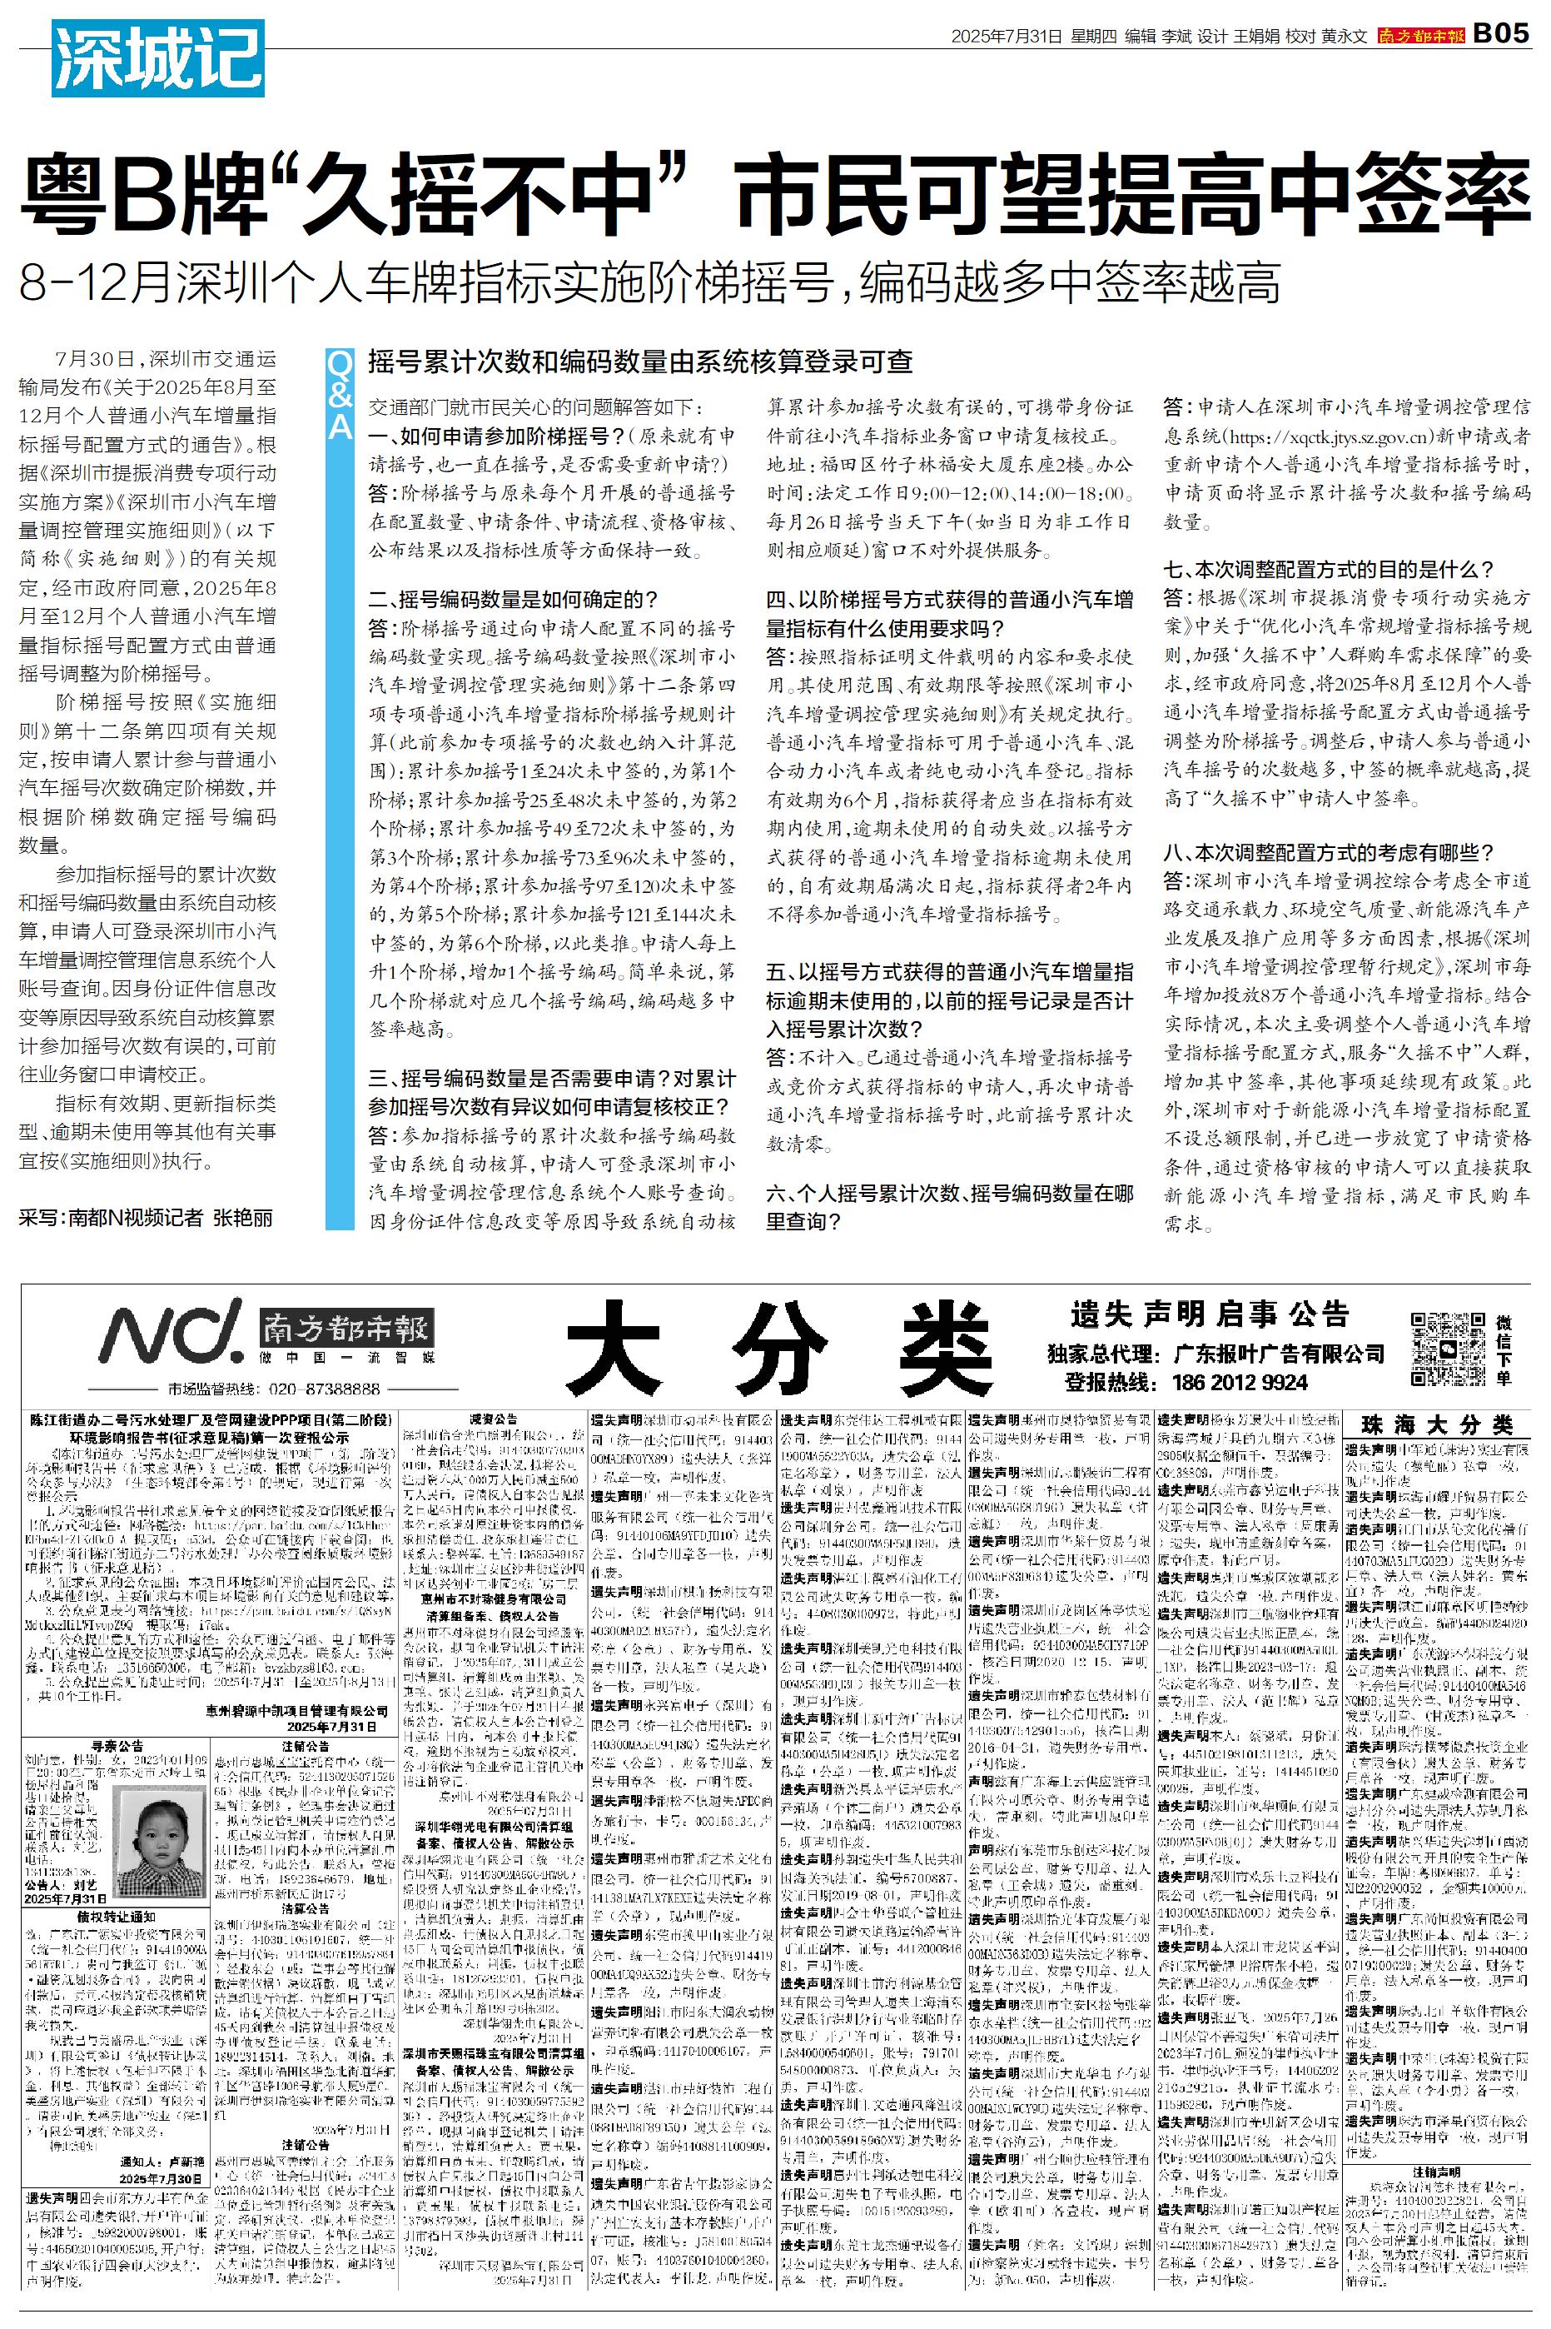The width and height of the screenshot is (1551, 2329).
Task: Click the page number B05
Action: (x=1499, y=33)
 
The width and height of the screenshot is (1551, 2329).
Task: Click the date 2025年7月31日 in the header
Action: (x=1007, y=36)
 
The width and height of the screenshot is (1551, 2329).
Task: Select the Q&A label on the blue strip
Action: (x=340, y=396)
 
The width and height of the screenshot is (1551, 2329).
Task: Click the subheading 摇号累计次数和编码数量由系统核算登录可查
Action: (x=640, y=362)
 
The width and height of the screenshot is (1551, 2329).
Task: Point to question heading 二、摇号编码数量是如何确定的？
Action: (x=514, y=599)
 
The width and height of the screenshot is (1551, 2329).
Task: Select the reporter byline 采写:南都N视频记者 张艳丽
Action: (x=147, y=1218)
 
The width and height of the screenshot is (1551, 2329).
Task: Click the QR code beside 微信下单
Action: (x=1446, y=1349)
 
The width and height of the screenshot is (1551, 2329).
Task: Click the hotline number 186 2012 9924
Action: (x=1240, y=1382)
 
